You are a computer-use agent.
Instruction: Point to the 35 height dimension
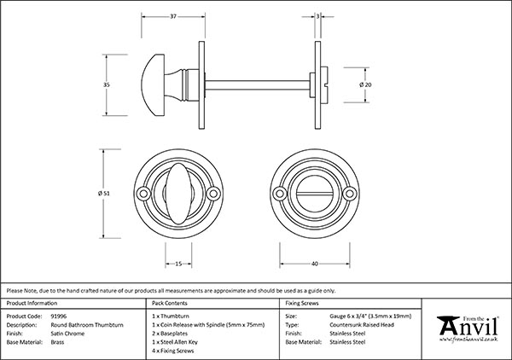pyautogui.click(x=107, y=86)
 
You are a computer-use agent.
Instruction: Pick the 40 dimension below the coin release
pyautogui.click(x=315, y=264)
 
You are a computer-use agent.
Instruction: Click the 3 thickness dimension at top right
pyautogui.click(x=317, y=17)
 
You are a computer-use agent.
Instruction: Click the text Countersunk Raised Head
pyautogui.click(x=364, y=324)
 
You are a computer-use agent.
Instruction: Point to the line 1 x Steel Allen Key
pyautogui.click(x=177, y=341)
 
